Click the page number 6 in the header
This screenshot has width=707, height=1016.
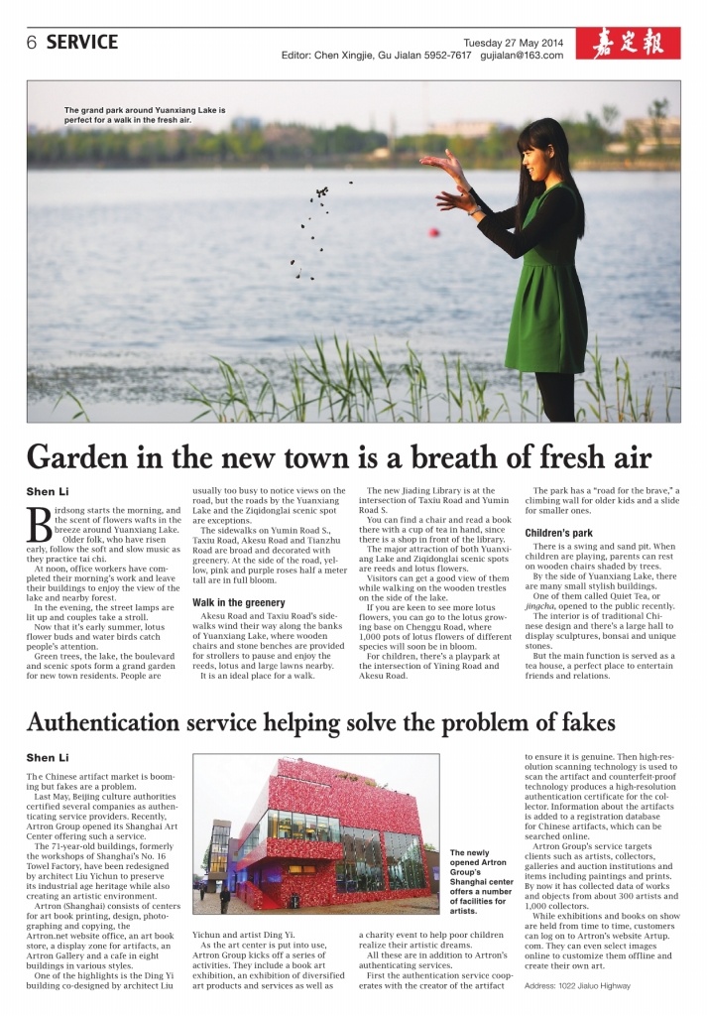(32, 43)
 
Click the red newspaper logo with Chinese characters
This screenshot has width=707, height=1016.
(636, 44)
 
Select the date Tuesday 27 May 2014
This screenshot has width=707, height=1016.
(513, 42)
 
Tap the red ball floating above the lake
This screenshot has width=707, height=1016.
(433, 232)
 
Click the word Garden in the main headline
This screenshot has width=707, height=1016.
(84, 457)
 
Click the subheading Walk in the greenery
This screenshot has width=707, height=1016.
(239, 602)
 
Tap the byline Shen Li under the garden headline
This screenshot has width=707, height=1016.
(47, 491)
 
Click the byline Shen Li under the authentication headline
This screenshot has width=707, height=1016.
(47, 758)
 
